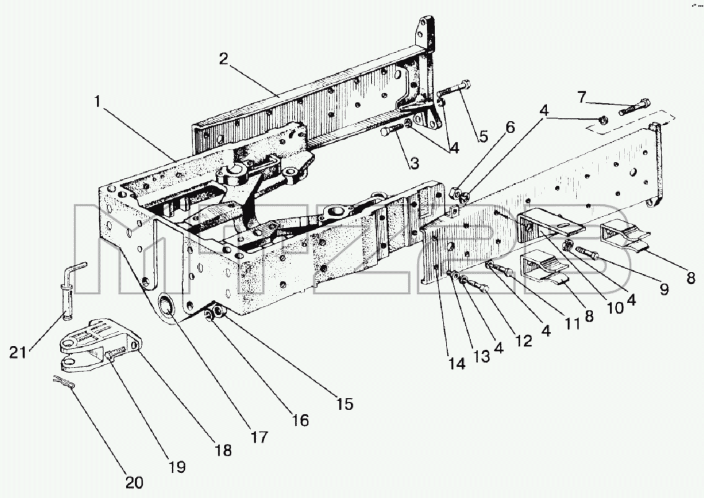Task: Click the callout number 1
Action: click(97, 102)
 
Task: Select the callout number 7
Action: click(582, 97)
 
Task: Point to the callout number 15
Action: click(345, 404)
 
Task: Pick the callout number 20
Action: click(134, 482)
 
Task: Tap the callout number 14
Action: click(458, 364)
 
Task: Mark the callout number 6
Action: click(510, 128)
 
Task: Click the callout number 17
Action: click(260, 437)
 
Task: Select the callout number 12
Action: click(524, 341)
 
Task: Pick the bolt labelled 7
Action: click(634, 107)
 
